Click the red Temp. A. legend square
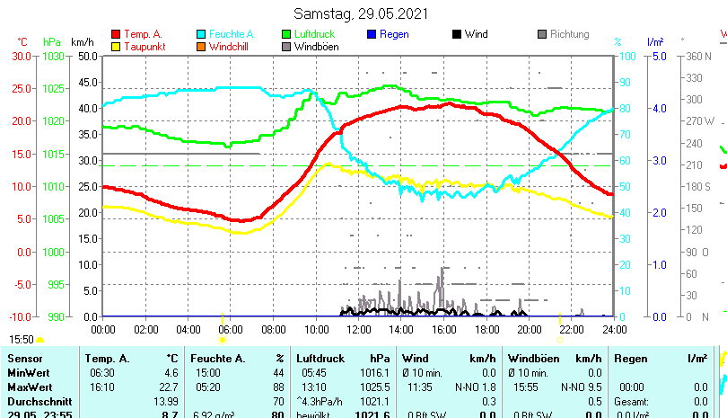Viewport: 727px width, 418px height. (116, 34)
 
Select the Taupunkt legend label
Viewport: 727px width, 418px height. (144, 47)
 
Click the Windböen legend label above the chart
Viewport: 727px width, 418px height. (316, 47)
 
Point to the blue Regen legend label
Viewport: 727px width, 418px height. (394, 34)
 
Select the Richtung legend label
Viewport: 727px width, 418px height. (569, 34)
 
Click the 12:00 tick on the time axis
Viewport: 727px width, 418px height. (359, 330)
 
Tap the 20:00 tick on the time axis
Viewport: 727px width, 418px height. (529, 330)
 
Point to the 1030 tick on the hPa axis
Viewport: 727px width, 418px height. (54, 56)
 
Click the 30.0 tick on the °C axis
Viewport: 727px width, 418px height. (22, 56)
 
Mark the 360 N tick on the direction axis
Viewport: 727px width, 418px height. (698, 56)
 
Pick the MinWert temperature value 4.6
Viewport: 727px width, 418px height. (171, 372)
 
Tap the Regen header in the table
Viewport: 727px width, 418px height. (629, 358)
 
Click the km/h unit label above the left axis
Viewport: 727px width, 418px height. (82, 41)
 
